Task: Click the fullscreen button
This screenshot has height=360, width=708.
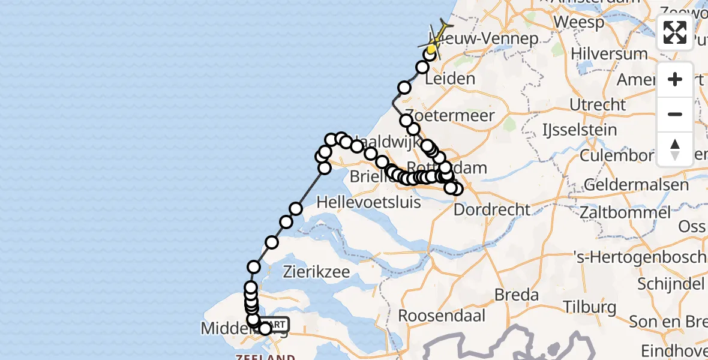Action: (675, 32)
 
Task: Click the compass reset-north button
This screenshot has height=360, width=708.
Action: (675, 149)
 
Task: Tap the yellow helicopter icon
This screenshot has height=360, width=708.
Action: (437, 37)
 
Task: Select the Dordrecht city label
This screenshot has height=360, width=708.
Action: (492, 210)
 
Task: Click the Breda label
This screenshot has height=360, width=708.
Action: (517, 295)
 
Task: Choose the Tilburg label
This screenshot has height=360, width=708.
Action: (590, 307)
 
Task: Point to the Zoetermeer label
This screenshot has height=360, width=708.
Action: (450, 115)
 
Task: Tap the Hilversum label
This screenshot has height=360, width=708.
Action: (610, 54)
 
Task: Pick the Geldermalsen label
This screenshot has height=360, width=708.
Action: (636, 184)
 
